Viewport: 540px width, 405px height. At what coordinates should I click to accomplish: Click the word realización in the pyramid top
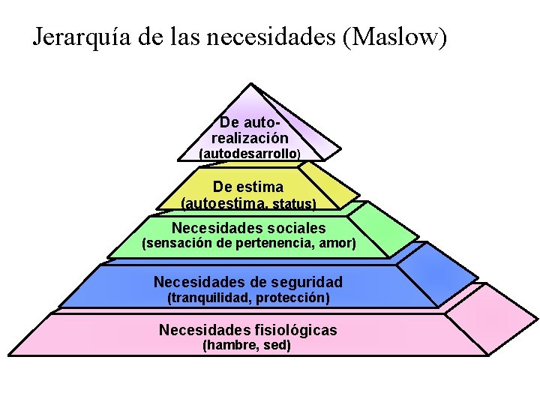pyautogui.click(x=250, y=138)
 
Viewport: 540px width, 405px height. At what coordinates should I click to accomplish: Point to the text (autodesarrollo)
pyautogui.click(x=250, y=153)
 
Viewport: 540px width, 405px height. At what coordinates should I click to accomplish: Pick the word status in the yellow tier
pyautogui.click(x=293, y=203)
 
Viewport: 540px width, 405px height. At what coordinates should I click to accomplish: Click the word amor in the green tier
pyautogui.click(x=337, y=244)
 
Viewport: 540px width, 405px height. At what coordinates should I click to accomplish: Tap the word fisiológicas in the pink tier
pyautogui.click(x=292, y=330)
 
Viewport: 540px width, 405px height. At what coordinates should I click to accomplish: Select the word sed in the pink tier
pyautogui.click(x=277, y=346)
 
